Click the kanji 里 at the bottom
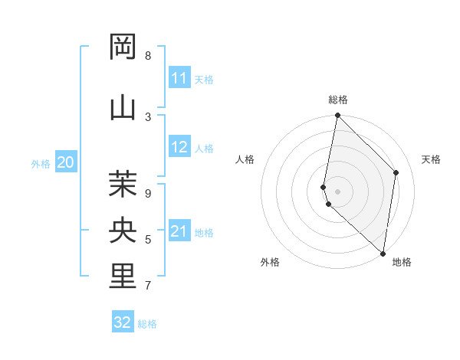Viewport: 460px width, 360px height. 123,277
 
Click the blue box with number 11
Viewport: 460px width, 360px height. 179,78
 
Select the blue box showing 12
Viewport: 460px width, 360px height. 179,147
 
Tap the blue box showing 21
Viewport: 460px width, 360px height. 179,231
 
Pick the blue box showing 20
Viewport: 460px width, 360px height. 66,162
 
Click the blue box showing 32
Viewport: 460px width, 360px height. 123,322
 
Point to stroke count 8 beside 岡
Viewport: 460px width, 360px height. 147,55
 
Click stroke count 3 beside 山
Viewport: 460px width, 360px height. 147,116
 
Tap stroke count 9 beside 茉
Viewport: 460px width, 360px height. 147,193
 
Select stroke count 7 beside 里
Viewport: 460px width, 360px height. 147,286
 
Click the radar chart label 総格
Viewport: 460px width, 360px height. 338,100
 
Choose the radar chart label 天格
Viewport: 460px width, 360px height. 431,159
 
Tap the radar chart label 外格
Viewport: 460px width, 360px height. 269,262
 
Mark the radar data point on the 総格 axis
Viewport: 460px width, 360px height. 337,116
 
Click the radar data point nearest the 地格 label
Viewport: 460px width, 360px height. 383,254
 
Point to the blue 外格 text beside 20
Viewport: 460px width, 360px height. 40,163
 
